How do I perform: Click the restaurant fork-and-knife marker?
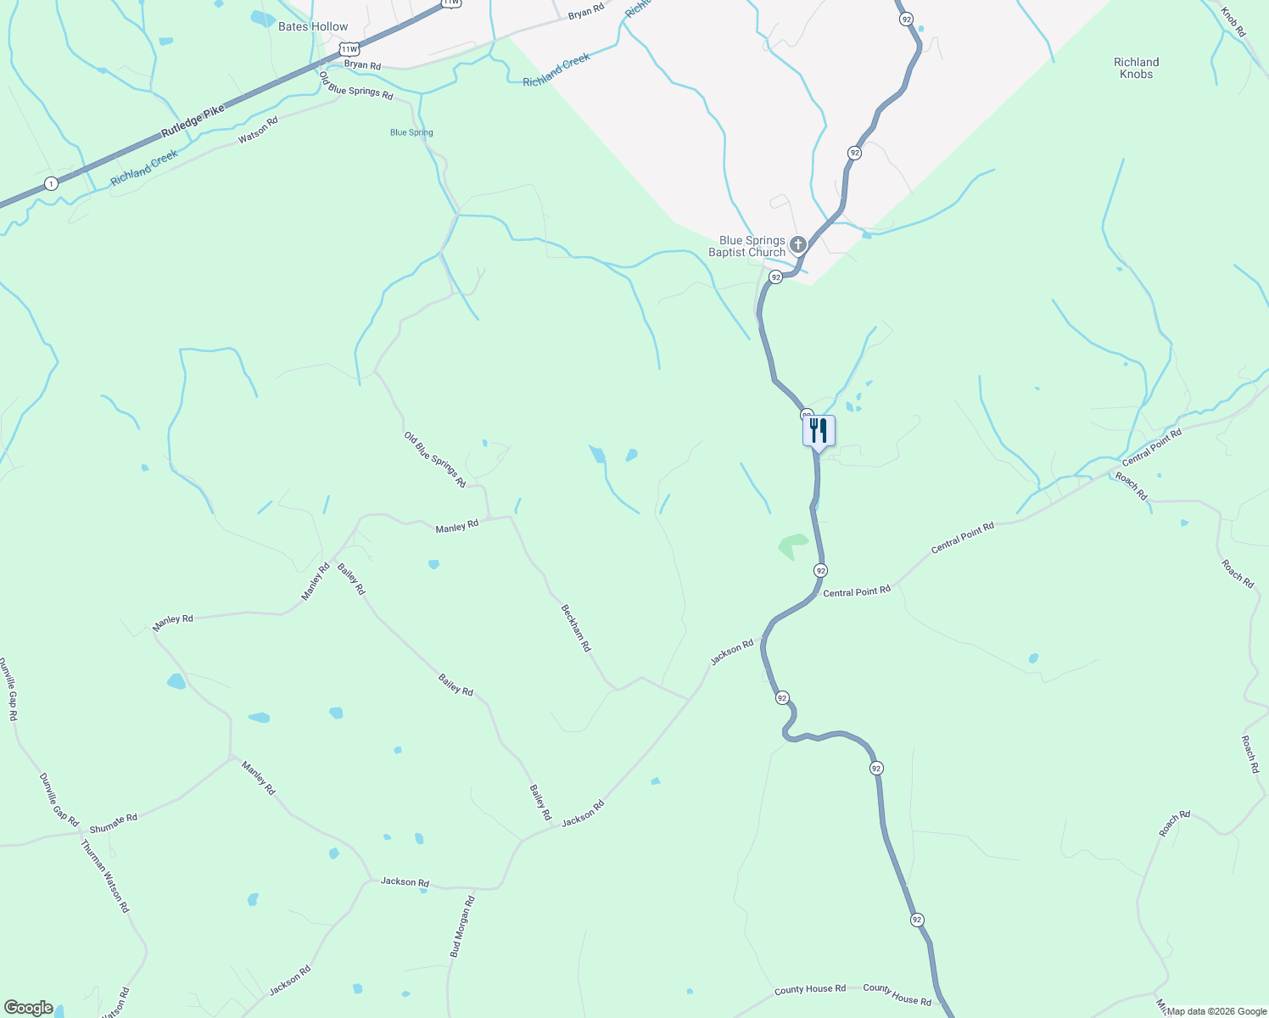pos(819,430)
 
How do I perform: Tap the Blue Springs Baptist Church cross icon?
pos(797,246)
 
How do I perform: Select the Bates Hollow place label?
pos(313,27)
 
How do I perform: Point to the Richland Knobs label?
pos(1136,68)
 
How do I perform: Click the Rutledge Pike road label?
pos(193,122)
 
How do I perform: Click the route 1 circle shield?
pos(52,183)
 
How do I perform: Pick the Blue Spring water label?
pos(411,132)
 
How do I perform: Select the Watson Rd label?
pos(258,130)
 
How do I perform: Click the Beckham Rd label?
pos(576,628)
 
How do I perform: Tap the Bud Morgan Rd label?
pos(462,926)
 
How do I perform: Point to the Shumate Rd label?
pos(113,823)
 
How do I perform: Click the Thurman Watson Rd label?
pos(105,875)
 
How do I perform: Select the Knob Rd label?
pos(1233,22)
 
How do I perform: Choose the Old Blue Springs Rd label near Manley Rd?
pos(435,460)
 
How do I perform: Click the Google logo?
pos(28,1008)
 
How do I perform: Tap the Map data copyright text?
pos(1216,1011)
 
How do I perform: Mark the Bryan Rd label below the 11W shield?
pos(362,65)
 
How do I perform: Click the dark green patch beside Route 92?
pos(792,545)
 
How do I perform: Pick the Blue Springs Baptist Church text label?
pos(746,246)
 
